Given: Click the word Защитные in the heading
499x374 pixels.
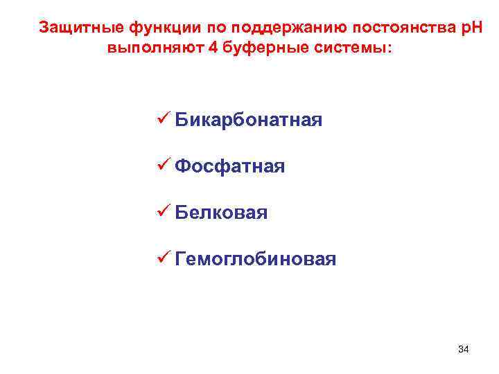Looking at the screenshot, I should (82, 28).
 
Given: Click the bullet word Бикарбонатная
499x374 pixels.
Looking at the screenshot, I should (248, 121).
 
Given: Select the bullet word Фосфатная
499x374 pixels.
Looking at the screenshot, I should (229, 167).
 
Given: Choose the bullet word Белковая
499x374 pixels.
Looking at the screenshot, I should (221, 213).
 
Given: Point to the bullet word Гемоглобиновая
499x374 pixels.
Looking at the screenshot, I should (256, 260).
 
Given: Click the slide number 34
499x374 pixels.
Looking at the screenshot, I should (464, 348).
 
